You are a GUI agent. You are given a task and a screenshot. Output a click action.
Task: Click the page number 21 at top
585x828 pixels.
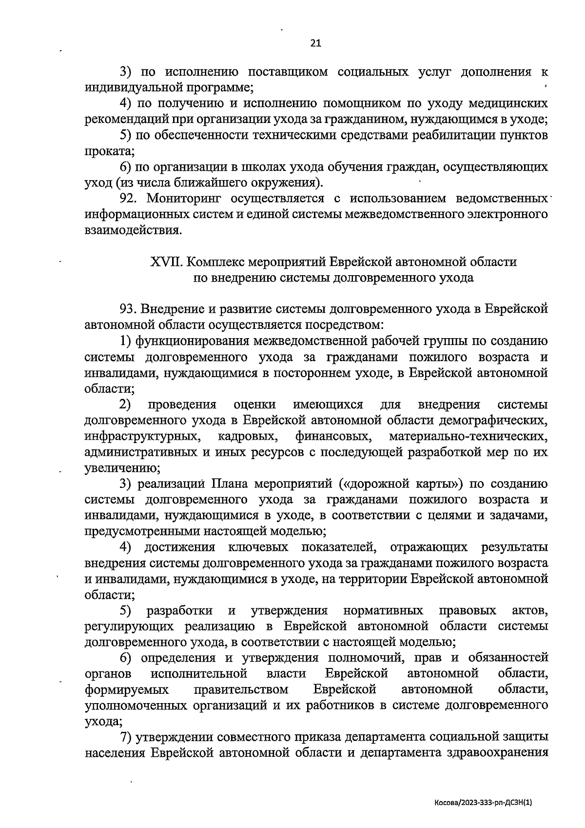pos(315,43)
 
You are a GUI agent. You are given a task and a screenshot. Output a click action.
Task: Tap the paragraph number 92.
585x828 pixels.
pos(130,199)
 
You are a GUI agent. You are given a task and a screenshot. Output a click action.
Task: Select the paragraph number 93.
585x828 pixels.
pos(130,309)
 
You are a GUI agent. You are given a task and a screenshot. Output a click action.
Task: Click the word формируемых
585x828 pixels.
pos(127,689)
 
